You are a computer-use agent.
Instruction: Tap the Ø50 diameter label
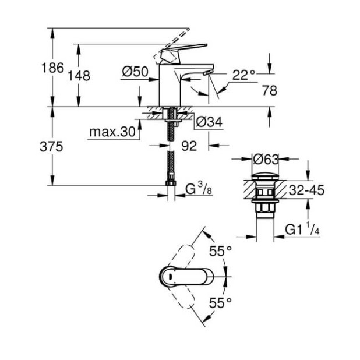pos(135,72)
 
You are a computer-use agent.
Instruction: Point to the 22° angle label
pos(244,75)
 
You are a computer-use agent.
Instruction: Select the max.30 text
pos(112,132)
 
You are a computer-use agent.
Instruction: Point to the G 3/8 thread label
pos(197,189)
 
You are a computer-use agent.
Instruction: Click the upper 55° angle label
pos(221,251)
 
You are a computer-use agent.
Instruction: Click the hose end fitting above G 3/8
pos(170,183)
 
